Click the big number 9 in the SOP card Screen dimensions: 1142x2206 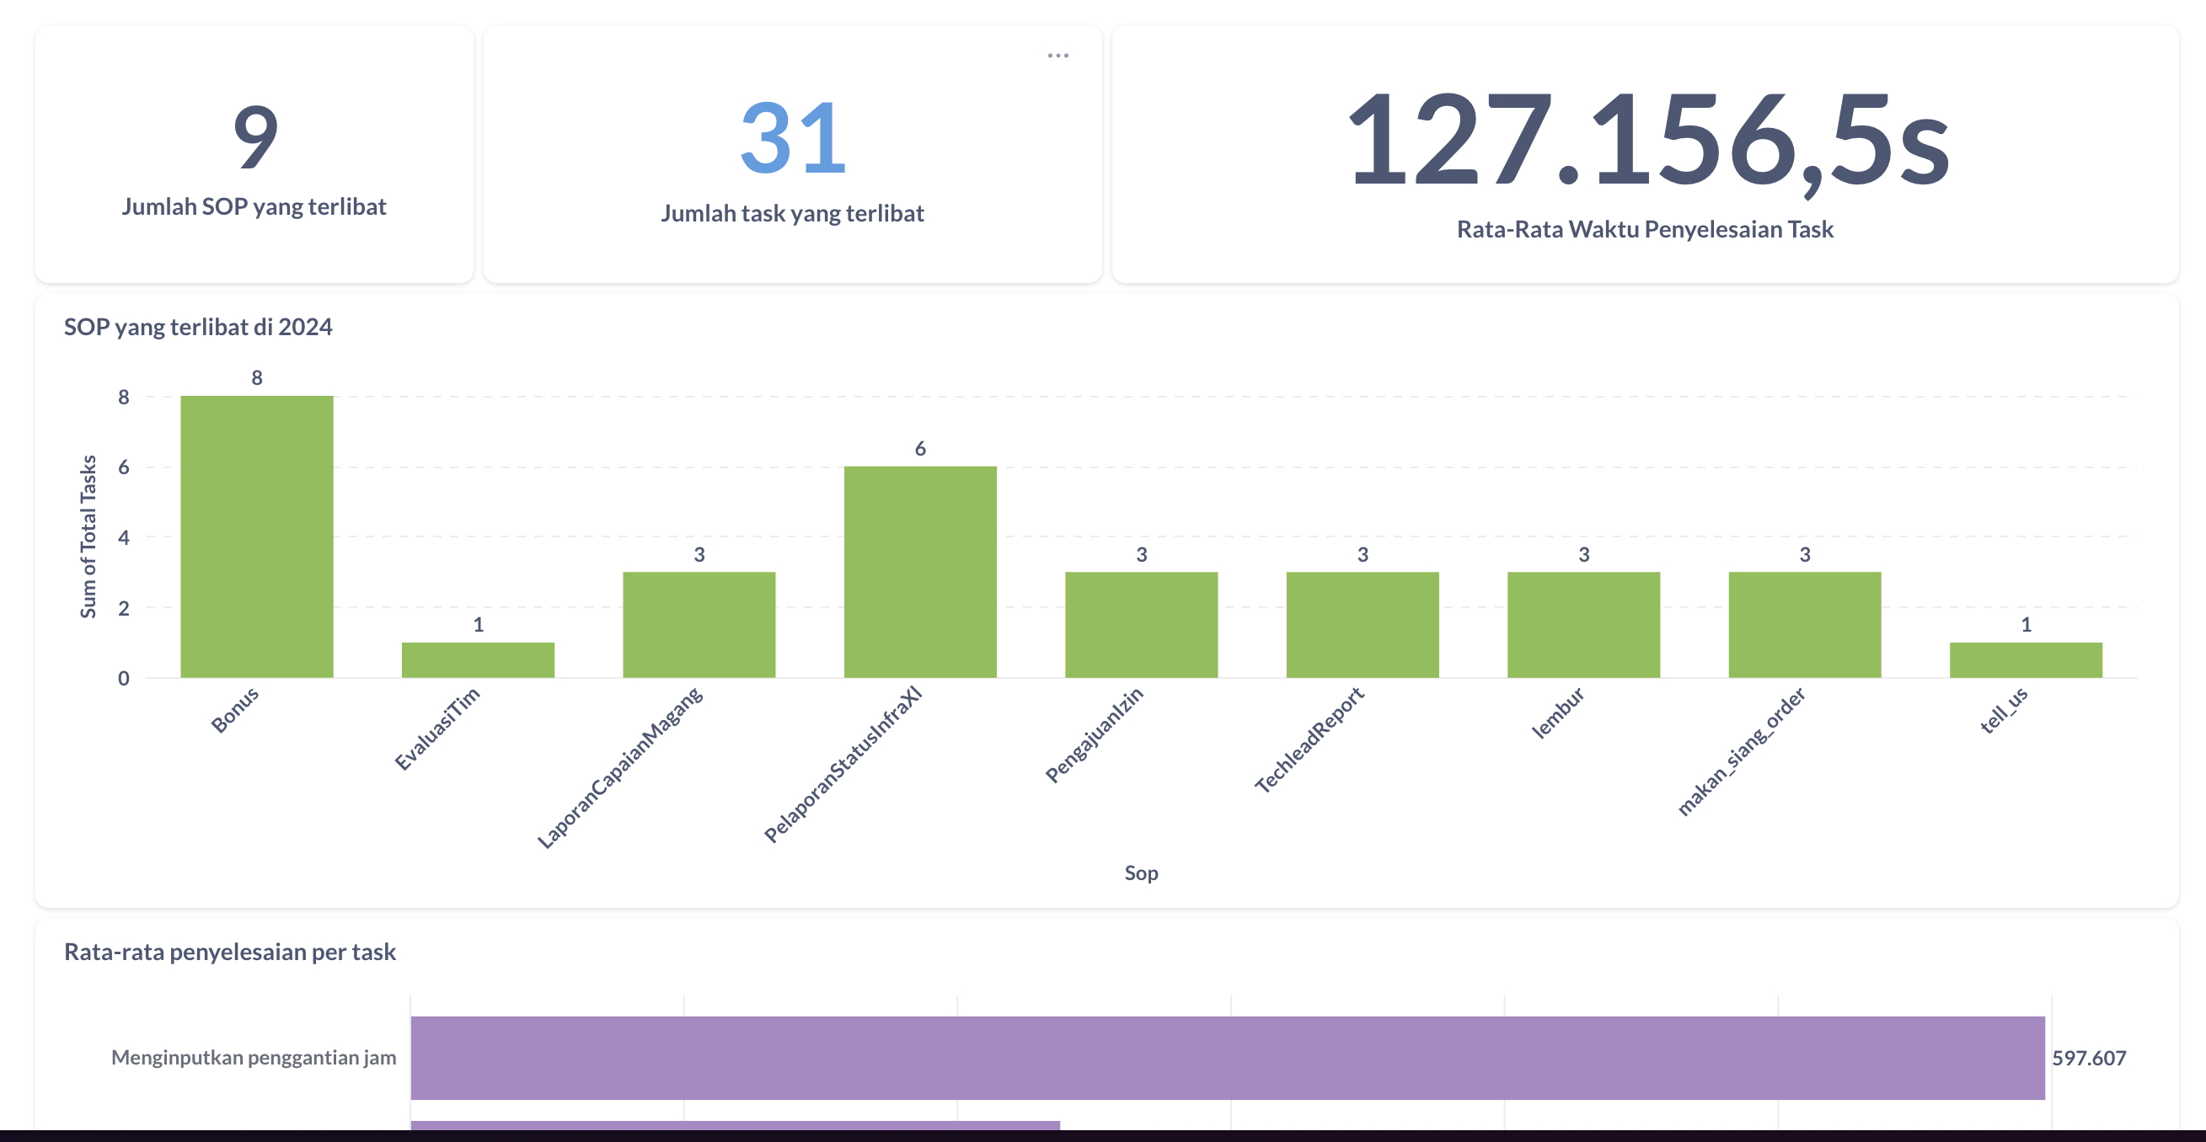pos(255,137)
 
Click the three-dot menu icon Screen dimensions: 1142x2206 pos(1057,56)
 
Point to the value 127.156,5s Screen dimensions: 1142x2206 pos(1646,141)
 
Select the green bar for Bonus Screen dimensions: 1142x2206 pos(257,536)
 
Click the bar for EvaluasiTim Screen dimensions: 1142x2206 pos(478,659)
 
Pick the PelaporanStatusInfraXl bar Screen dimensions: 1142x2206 pos(920,572)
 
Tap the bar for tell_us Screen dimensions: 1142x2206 pos(2026,659)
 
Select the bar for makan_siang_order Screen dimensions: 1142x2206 pos(1804,624)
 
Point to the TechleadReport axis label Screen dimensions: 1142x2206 pos(1310,739)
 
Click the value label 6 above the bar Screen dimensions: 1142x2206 pos(920,449)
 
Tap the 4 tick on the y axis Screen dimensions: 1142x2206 pos(124,537)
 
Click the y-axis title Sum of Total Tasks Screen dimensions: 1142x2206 pos(88,536)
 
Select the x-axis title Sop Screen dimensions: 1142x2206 pos(1141,873)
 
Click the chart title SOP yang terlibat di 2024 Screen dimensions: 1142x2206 pos(198,327)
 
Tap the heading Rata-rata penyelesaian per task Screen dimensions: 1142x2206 pos(229,952)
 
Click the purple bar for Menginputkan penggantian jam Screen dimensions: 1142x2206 pos(1227,1057)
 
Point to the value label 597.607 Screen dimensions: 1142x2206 pos(2089,1058)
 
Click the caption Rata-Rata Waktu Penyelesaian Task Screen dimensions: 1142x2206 pos(1645,229)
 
